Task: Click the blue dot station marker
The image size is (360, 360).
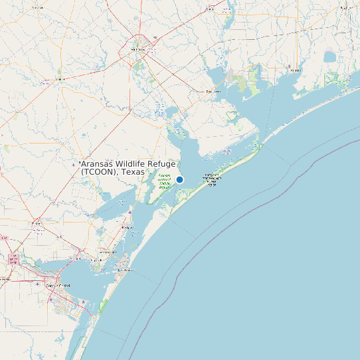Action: [x=179, y=179]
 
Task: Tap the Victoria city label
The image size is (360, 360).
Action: [x=139, y=48]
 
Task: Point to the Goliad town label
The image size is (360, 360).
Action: [x=60, y=79]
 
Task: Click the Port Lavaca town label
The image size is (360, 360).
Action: [x=213, y=91]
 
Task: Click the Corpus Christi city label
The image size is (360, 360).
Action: [x=56, y=285]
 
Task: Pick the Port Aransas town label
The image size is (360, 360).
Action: [x=126, y=270]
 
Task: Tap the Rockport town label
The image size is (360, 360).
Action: [x=128, y=227]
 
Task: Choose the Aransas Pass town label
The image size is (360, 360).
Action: [x=108, y=252]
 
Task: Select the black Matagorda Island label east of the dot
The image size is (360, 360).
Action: [x=212, y=179]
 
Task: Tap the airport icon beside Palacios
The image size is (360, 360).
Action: [x=290, y=66]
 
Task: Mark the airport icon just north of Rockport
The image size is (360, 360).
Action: [x=131, y=213]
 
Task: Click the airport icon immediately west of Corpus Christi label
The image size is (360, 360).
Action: [x=50, y=299]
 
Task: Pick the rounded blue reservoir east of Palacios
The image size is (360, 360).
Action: [x=330, y=58]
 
